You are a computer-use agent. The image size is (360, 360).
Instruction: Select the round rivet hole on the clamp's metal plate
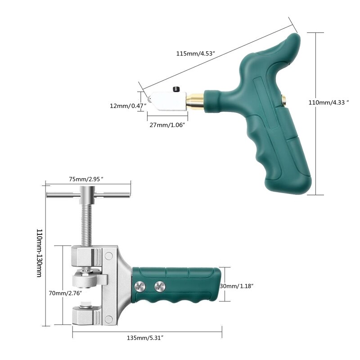coord(108,256)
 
